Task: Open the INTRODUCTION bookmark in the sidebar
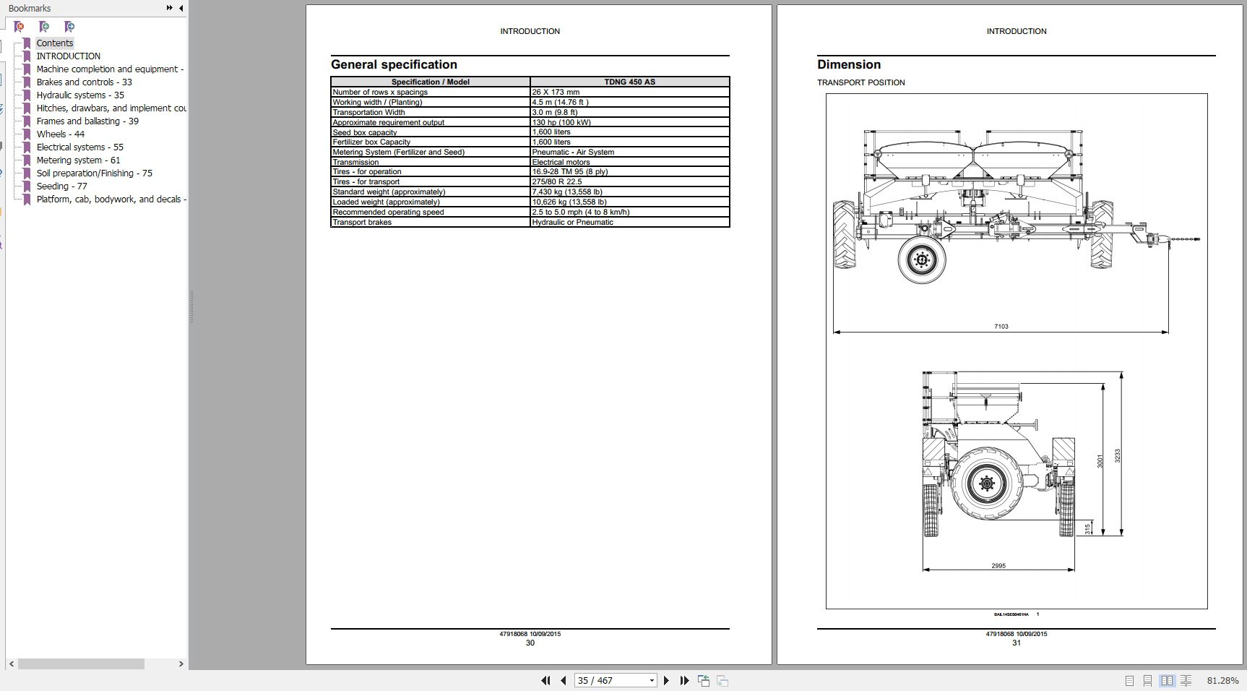[68, 56]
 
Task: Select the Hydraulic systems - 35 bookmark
[80, 95]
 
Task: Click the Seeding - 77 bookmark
[61, 186]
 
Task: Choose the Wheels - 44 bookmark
[60, 134]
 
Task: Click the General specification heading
[394, 64]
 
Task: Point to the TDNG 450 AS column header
[629, 82]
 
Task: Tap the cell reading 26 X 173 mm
[556, 92]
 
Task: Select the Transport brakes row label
[362, 222]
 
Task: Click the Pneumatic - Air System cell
[573, 152]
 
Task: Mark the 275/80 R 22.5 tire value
[556, 181]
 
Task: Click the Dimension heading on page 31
[848, 64]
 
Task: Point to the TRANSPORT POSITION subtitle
[860, 82]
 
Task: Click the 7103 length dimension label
[1001, 327]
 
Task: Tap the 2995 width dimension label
[998, 566]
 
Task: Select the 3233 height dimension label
[1117, 456]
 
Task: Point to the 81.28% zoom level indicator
[1222, 681]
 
